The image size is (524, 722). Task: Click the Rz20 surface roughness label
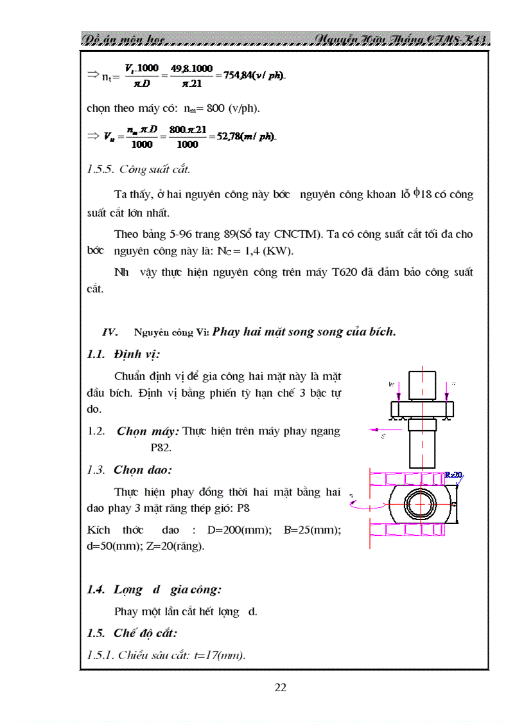tap(453, 475)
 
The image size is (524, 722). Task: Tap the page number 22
tap(281, 687)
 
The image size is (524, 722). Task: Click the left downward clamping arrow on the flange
tap(399, 390)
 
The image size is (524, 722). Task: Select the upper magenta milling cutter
tap(411, 478)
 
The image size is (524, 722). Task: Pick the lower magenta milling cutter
tap(411, 531)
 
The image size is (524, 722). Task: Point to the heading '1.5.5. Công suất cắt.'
tap(138, 170)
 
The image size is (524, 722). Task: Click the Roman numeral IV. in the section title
tap(110, 332)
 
